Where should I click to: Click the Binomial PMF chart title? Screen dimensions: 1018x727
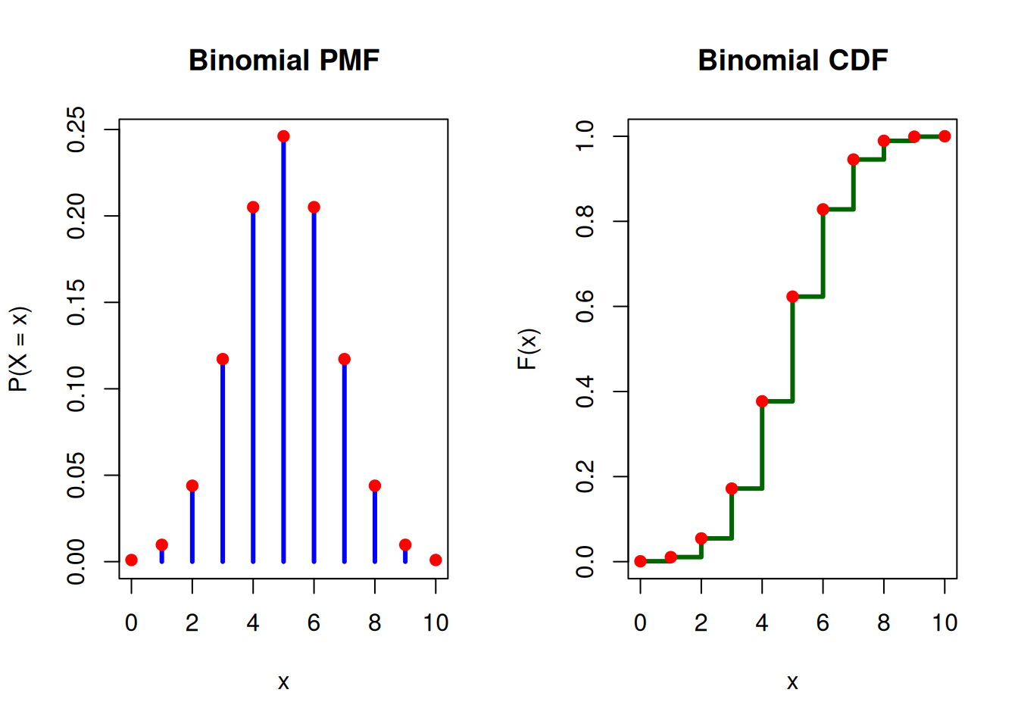(x=284, y=61)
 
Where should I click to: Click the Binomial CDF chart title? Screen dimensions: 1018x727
(x=793, y=61)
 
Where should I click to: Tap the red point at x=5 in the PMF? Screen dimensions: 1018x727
(x=283, y=136)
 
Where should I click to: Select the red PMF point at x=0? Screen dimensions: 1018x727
(x=131, y=560)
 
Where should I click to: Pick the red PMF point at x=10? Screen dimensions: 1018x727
(x=436, y=560)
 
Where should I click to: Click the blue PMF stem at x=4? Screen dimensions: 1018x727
(x=253, y=385)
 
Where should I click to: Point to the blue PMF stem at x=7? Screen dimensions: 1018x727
(x=345, y=461)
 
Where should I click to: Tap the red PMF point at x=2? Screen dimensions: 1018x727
(x=192, y=485)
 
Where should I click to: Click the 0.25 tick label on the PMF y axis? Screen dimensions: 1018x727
(x=76, y=129)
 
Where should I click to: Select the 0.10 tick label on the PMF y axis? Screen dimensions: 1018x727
(x=76, y=389)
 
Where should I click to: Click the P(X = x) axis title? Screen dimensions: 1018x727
(x=19, y=349)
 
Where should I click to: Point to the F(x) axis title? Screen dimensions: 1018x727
(x=529, y=349)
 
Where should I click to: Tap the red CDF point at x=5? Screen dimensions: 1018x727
(x=792, y=297)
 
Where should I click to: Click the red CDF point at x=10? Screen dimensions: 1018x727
(x=945, y=136)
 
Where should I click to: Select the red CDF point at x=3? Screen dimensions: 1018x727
(x=732, y=488)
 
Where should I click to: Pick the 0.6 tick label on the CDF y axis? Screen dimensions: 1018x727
(x=585, y=306)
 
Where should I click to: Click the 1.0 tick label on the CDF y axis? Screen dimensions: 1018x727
(x=585, y=136)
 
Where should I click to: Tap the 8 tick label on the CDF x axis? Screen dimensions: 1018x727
(x=884, y=622)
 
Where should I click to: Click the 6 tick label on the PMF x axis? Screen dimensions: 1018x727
(x=314, y=622)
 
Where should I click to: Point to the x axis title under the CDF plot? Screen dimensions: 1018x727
(x=792, y=682)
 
